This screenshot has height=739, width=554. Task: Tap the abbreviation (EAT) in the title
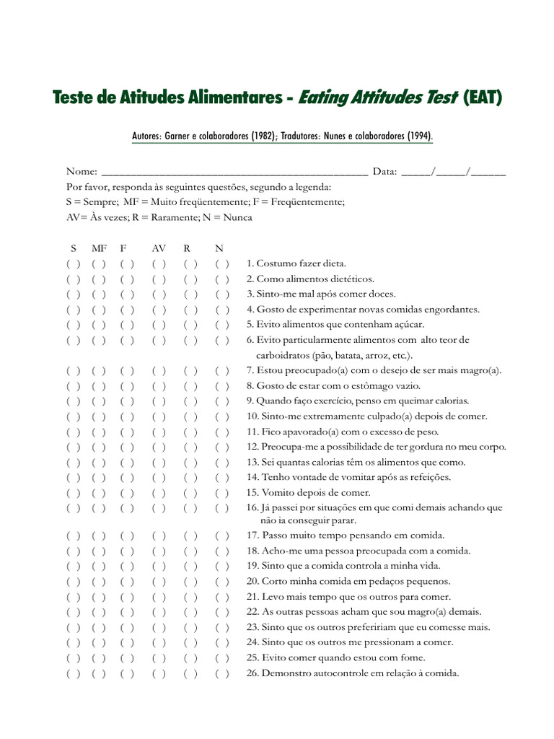[481, 98]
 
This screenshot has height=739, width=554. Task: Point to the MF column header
[99, 248]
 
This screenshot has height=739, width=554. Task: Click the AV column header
[159, 248]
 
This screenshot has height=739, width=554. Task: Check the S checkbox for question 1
[73, 263]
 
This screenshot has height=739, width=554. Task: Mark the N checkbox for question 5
[222, 325]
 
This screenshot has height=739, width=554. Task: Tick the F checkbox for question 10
[127, 416]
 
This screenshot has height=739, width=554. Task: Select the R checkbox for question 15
[190, 493]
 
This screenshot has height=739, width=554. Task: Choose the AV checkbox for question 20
[159, 582]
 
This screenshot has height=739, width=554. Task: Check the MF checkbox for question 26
[100, 674]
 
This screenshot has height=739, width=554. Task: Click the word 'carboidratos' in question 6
[283, 355]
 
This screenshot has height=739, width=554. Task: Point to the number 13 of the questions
[252, 463]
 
